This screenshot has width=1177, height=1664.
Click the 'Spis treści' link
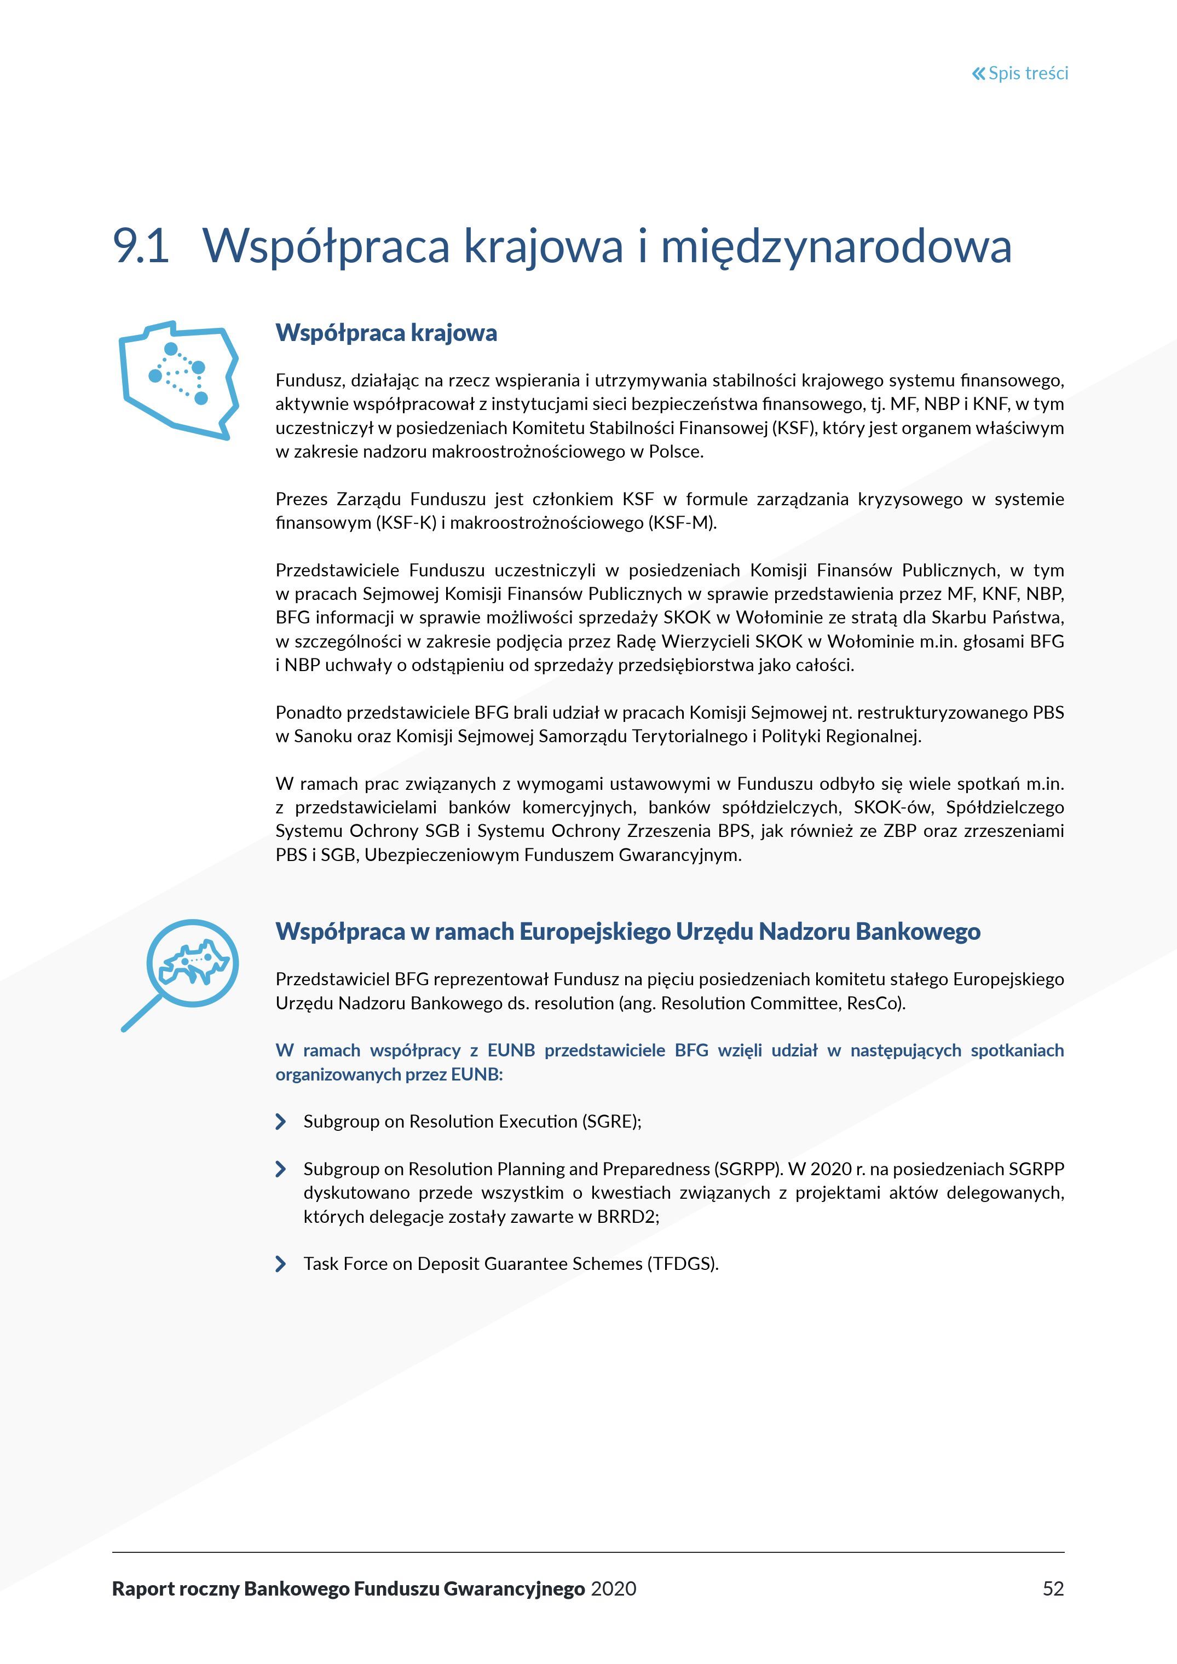click(1027, 73)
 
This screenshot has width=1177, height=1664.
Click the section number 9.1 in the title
click(141, 246)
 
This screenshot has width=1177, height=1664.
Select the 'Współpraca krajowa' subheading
click(386, 333)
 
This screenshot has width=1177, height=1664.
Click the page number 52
click(1053, 1588)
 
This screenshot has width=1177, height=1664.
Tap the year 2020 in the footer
click(613, 1588)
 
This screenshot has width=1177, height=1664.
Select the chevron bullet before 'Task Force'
click(280, 1264)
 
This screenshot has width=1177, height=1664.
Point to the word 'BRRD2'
click(626, 1216)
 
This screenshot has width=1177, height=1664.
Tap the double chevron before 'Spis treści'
click(978, 73)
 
